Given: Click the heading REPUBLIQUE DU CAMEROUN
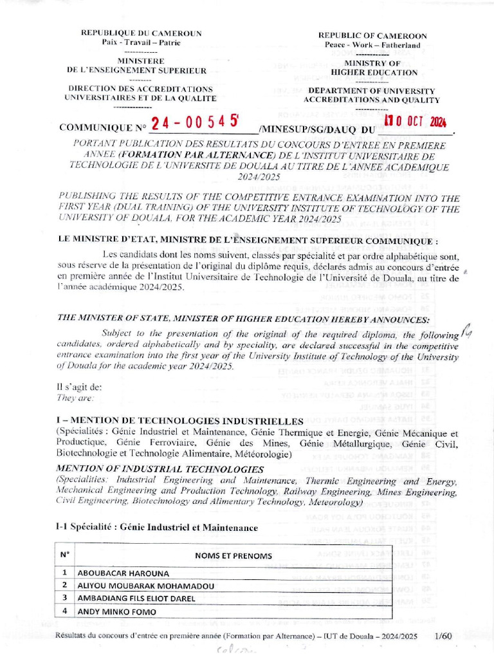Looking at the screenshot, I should click(141, 33).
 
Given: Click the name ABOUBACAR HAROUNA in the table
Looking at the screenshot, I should click(123, 573).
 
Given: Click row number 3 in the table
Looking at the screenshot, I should click(64, 599).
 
